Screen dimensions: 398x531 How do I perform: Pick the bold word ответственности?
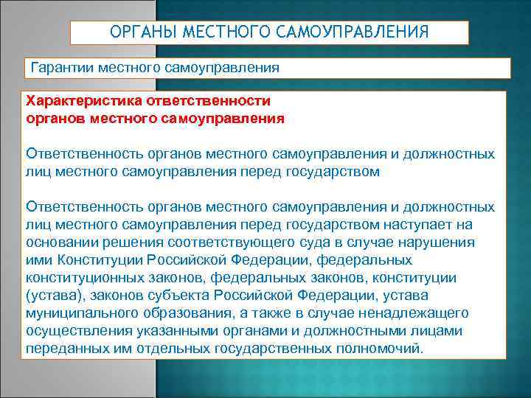205,101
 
